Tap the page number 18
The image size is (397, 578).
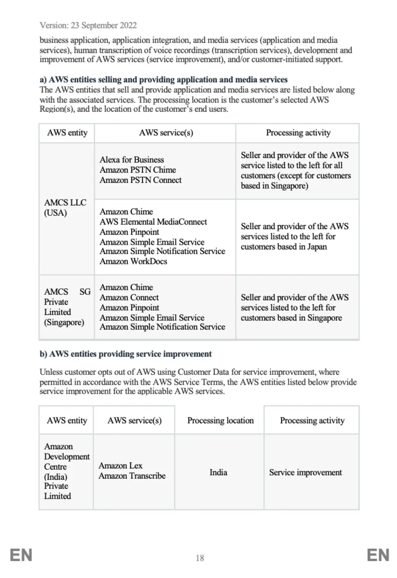[x=200, y=558]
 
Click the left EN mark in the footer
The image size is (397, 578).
[x=21, y=555]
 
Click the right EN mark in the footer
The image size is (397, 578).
[x=378, y=555]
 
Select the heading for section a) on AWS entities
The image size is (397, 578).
[x=164, y=80]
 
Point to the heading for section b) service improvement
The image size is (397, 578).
[x=126, y=354]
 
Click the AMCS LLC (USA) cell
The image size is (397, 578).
[x=65, y=208]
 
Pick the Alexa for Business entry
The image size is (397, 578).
[x=132, y=160]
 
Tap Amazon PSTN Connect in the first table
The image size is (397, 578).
[x=141, y=180]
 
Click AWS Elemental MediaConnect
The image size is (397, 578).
[x=153, y=222]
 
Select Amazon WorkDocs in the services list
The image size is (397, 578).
[x=133, y=261]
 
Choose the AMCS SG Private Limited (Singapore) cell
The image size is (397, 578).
[x=67, y=307]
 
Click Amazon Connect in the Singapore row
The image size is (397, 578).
[x=129, y=297]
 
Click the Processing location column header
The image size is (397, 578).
[x=220, y=420]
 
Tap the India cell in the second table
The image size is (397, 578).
[x=218, y=472]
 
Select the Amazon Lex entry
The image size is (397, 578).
[x=120, y=466]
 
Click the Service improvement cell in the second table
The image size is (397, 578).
[x=306, y=472]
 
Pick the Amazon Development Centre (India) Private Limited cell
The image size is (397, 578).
[x=66, y=471]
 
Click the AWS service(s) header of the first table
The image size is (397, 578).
[x=166, y=133]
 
